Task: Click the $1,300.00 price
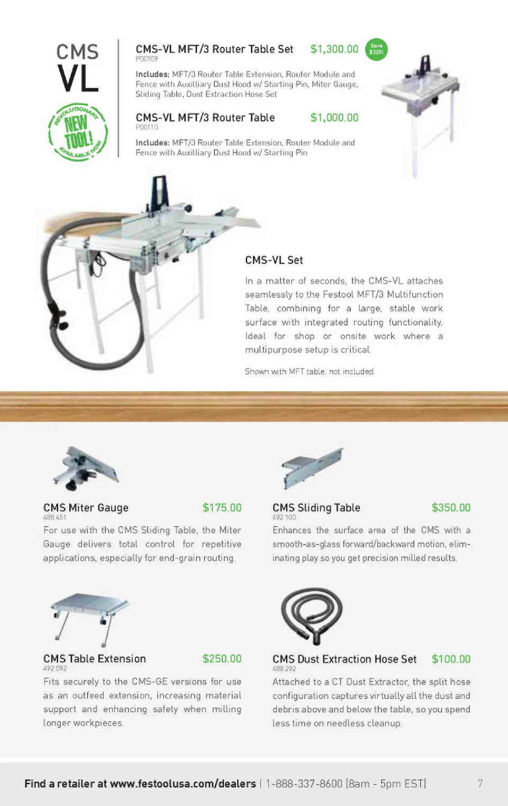[334, 49]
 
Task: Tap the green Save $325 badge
[376, 49]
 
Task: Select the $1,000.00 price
[334, 118]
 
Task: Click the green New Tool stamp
[78, 132]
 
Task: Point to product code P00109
[147, 59]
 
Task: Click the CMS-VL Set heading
[274, 260]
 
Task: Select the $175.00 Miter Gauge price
[222, 508]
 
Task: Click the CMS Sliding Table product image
[312, 468]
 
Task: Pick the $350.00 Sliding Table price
[451, 508]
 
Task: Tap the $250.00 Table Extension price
[222, 659]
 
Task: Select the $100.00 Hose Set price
[451, 659]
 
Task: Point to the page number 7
[480, 783]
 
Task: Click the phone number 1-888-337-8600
[304, 784]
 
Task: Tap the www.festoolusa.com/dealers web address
[183, 784]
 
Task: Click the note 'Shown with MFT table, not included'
[310, 371]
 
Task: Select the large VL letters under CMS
[78, 78]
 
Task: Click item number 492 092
[55, 668]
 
